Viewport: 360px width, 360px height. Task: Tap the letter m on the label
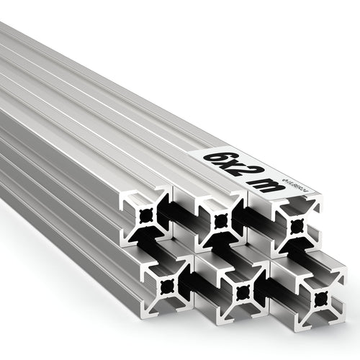click(256, 186)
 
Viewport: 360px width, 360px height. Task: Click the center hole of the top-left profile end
click(147, 215)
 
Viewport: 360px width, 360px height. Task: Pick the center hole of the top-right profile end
click(296, 225)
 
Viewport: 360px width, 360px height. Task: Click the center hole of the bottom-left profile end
click(168, 286)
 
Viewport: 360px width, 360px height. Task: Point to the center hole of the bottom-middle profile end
click(241, 292)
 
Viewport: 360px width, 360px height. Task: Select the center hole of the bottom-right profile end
click(319, 297)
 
